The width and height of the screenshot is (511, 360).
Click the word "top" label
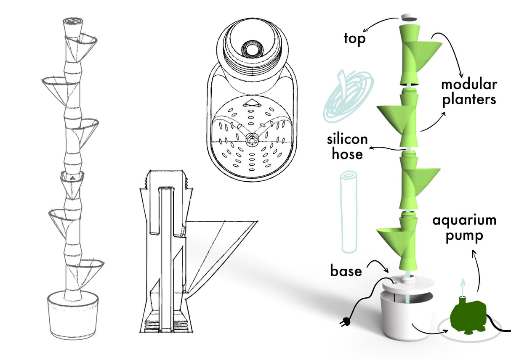point(355,39)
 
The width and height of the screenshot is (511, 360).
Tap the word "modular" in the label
point(469,85)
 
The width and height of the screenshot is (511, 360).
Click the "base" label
point(346,271)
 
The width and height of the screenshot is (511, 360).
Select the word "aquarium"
point(464,220)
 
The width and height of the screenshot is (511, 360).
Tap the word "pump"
point(464,236)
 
